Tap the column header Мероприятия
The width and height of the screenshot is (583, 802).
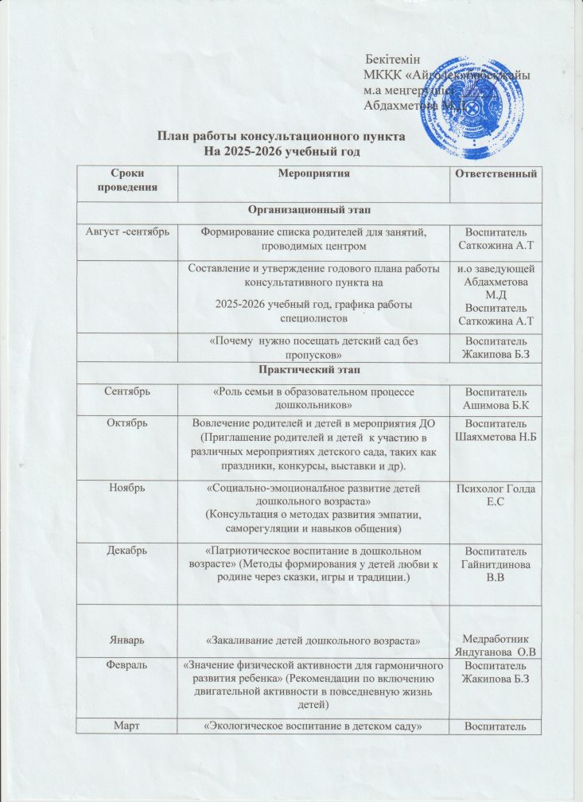coord(314,173)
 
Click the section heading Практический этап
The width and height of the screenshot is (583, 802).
coord(309,371)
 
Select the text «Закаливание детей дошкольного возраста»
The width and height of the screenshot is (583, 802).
coord(313,640)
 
